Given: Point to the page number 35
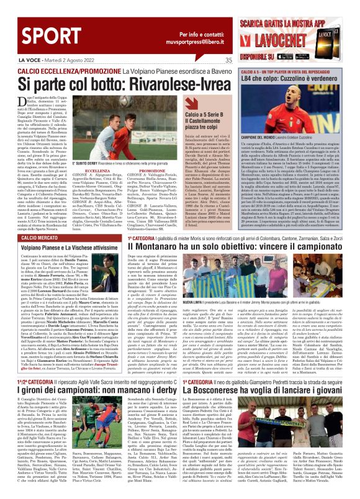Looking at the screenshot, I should [x=228, y=60].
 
